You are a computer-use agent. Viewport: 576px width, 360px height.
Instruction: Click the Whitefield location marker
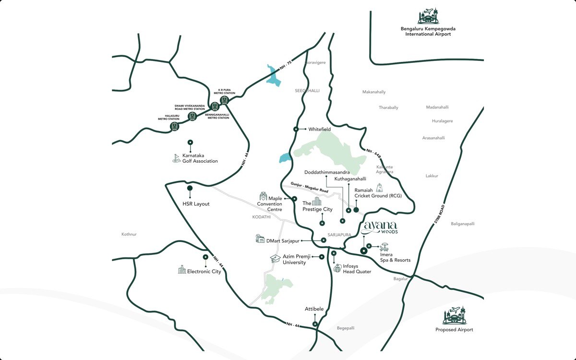pyautogui.click(x=296, y=129)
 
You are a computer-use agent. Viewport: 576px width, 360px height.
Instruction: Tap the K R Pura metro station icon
pyautogui.click(x=224, y=100)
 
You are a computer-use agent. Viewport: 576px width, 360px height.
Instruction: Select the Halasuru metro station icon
pyautogui.click(x=175, y=126)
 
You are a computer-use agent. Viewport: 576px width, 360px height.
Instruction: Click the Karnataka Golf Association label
pyautogui.click(x=200, y=158)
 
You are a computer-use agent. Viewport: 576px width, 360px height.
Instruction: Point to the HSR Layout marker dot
pyautogui.click(x=190, y=188)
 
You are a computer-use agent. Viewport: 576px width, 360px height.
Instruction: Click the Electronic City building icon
pyautogui.click(x=182, y=270)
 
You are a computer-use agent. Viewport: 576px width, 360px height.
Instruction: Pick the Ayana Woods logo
pyautogui.click(x=381, y=227)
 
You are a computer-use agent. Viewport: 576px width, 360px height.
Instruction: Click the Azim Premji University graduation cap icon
pyautogui.click(x=275, y=259)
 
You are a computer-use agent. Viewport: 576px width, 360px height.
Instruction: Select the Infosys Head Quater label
pyautogui.click(x=357, y=268)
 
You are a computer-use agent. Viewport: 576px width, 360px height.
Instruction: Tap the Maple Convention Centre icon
pyautogui.click(x=263, y=196)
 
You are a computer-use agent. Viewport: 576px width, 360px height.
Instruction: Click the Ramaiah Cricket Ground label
pyautogui.click(x=377, y=193)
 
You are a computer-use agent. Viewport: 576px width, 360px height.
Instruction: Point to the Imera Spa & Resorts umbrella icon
pyautogui.click(x=384, y=247)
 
